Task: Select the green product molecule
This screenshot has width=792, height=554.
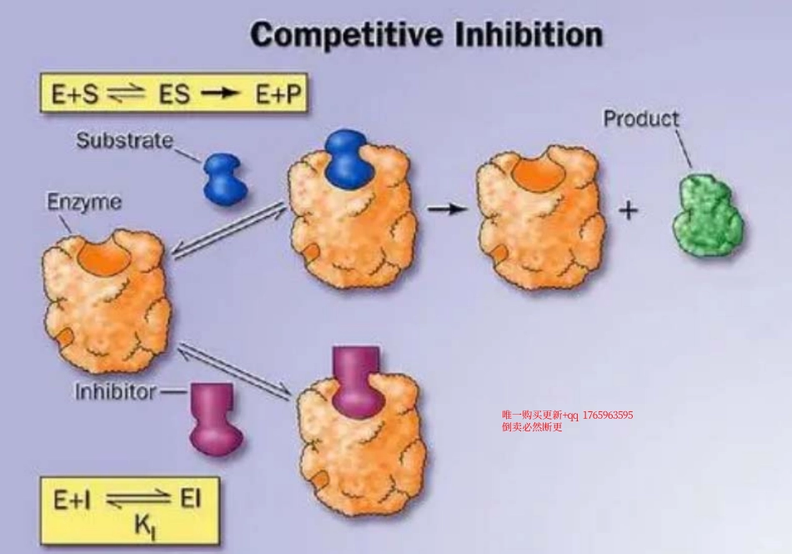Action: click(x=708, y=215)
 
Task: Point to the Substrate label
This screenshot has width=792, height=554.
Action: click(x=124, y=140)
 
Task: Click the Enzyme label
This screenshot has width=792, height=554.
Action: click(x=83, y=202)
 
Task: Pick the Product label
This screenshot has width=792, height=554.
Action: click(x=640, y=118)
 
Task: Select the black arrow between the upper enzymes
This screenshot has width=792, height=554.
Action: click(x=447, y=209)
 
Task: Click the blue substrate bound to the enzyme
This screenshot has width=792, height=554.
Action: click(x=348, y=158)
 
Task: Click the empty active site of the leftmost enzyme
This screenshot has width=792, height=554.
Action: click(x=103, y=255)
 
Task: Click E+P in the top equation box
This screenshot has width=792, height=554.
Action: click(x=278, y=95)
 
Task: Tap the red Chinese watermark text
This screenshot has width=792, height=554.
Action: click(x=567, y=421)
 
